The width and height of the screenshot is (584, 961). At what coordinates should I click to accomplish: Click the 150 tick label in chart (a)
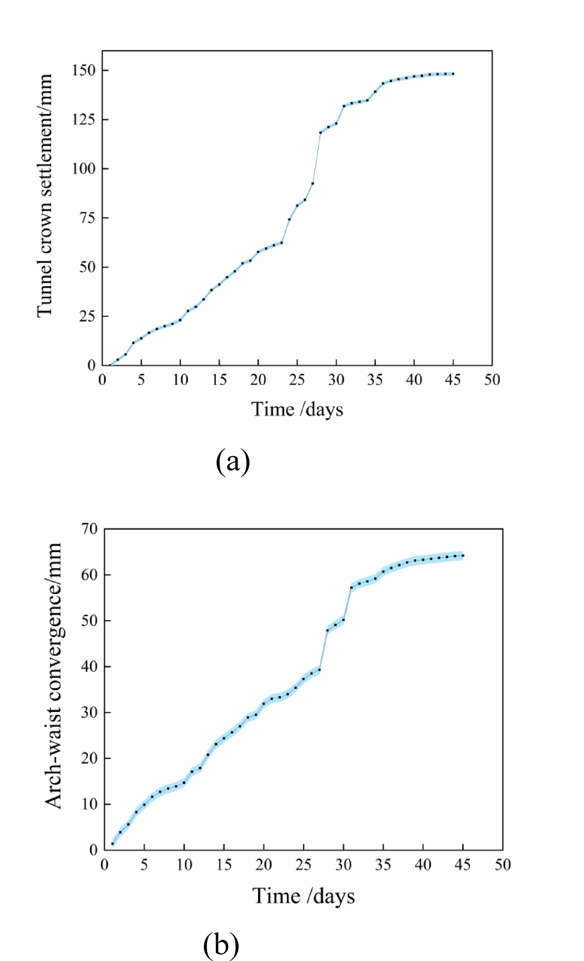point(83,71)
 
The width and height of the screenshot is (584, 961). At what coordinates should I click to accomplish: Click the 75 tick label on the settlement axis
point(87,218)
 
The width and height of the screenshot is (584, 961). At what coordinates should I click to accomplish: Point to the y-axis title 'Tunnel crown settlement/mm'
point(44,195)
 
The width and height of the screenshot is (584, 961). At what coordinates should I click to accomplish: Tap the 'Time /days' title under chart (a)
point(297,409)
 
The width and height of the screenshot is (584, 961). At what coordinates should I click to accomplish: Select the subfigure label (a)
point(233,462)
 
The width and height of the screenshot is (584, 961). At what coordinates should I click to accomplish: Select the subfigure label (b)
point(221,944)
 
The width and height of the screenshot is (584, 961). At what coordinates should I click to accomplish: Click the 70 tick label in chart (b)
point(89,529)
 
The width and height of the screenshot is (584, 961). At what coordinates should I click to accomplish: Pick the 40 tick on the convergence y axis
point(89,667)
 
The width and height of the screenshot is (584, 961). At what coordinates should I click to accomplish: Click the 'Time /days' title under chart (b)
point(303,896)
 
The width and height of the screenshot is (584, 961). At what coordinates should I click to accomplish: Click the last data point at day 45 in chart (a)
point(453,74)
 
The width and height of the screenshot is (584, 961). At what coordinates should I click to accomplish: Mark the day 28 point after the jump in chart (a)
point(320,132)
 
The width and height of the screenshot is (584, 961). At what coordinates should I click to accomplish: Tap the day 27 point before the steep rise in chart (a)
point(313,183)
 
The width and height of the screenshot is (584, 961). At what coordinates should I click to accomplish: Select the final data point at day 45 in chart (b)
point(463,555)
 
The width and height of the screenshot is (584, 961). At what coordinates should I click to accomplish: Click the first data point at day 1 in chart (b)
point(113,843)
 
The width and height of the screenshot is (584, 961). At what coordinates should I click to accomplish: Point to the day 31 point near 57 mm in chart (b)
point(351,587)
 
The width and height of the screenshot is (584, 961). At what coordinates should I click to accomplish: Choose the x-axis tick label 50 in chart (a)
point(492,380)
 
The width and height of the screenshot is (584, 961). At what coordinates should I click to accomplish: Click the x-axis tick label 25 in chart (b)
point(303,864)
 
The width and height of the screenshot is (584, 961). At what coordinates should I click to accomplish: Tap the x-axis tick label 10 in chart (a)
point(181,380)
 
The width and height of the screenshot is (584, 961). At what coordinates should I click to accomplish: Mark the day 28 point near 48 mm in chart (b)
point(328,630)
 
